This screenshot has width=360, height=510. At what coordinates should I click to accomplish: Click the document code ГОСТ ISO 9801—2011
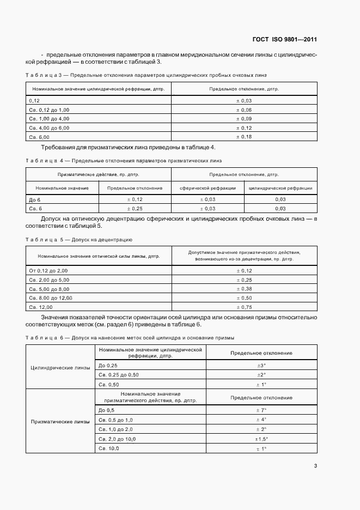tap(284, 40)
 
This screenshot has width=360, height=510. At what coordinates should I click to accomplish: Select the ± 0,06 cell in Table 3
tap(243, 110)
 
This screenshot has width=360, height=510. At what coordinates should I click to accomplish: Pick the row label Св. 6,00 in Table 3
tap(39, 136)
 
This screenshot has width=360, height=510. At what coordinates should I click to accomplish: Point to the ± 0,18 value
tap(243, 136)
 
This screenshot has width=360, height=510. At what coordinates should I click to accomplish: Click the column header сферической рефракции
tap(208, 188)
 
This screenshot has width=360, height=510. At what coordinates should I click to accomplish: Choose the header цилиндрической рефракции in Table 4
tap(280, 188)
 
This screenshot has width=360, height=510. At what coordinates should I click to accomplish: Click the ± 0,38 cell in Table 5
tap(243, 289)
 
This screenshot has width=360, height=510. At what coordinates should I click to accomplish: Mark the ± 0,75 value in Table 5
tap(243, 307)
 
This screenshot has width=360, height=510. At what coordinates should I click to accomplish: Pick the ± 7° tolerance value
tap(261, 409)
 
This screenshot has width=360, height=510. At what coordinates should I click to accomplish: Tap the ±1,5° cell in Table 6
tap(261, 439)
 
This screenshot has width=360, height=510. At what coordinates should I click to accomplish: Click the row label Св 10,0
tap(108, 448)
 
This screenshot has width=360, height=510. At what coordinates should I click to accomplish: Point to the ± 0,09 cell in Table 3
tap(243, 118)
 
